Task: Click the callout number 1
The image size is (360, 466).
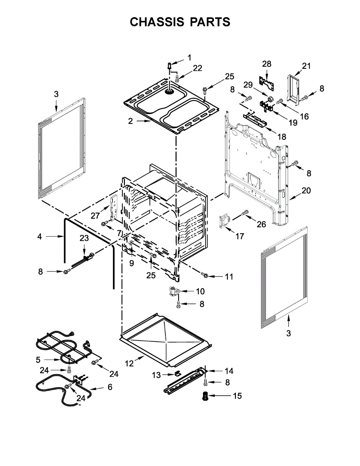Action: click(190, 58)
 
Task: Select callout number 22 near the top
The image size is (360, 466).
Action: click(197, 68)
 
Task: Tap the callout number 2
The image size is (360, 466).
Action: click(130, 121)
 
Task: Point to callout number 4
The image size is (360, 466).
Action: click(40, 236)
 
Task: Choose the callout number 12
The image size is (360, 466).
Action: click(129, 363)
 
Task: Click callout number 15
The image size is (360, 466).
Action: click(237, 396)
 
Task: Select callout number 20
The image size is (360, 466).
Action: click(306, 191)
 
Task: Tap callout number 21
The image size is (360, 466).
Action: click(306, 66)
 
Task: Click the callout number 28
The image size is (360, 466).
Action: click(267, 64)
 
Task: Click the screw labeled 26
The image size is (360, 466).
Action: click(245, 212)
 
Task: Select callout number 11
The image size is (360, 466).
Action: click(229, 276)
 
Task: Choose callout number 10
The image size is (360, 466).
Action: click(200, 291)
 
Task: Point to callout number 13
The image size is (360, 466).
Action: click(156, 375)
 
